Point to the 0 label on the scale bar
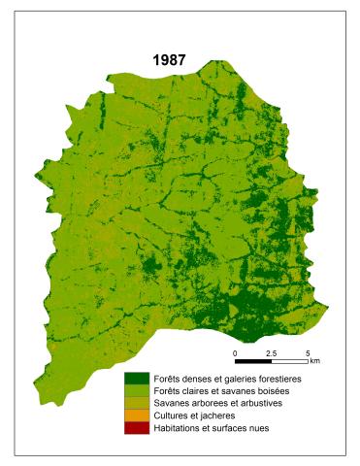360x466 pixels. tap(236, 351)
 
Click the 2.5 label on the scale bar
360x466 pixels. tap(271, 351)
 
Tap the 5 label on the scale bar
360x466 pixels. tap(307, 351)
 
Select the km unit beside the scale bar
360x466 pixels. tap(313, 360)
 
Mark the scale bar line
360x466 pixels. tap(272, 360)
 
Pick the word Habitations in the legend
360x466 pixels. tap(179, 427)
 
